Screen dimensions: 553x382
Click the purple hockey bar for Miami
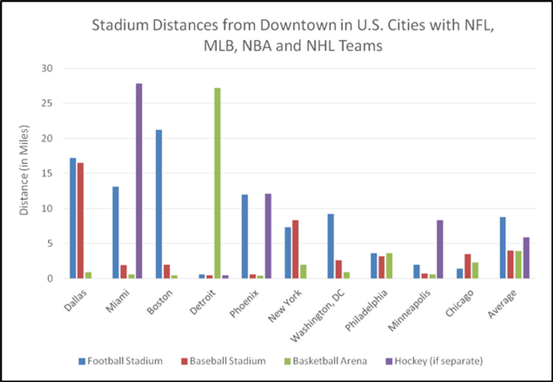pos(139,181)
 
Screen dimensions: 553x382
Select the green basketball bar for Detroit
pos(218,183)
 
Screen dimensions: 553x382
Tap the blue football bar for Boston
pos(159,204)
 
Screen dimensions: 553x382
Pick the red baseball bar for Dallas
pos(81,221)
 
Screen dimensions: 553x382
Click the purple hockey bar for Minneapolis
pos(440,249)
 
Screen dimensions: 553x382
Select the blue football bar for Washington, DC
pos(331,246)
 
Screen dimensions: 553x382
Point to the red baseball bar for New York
pos(295,249)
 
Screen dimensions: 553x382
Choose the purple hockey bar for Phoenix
pos(268,236)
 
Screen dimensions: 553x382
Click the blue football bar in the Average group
pos(503,248)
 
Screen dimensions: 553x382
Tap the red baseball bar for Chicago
pos(468,266)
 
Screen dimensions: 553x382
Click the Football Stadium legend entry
pos(120,361)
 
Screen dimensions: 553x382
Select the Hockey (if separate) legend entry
pos(434,361)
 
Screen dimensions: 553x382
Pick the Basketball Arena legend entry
pos(326,361)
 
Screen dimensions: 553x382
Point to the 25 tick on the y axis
pos(47,103)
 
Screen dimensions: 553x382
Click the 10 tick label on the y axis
pos(47,208)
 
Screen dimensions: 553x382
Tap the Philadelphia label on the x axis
pos(366,310)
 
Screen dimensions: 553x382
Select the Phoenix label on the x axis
pos(244,304)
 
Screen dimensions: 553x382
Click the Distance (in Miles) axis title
pos(24,170)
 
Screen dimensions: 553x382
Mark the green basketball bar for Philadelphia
pos(389,266)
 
